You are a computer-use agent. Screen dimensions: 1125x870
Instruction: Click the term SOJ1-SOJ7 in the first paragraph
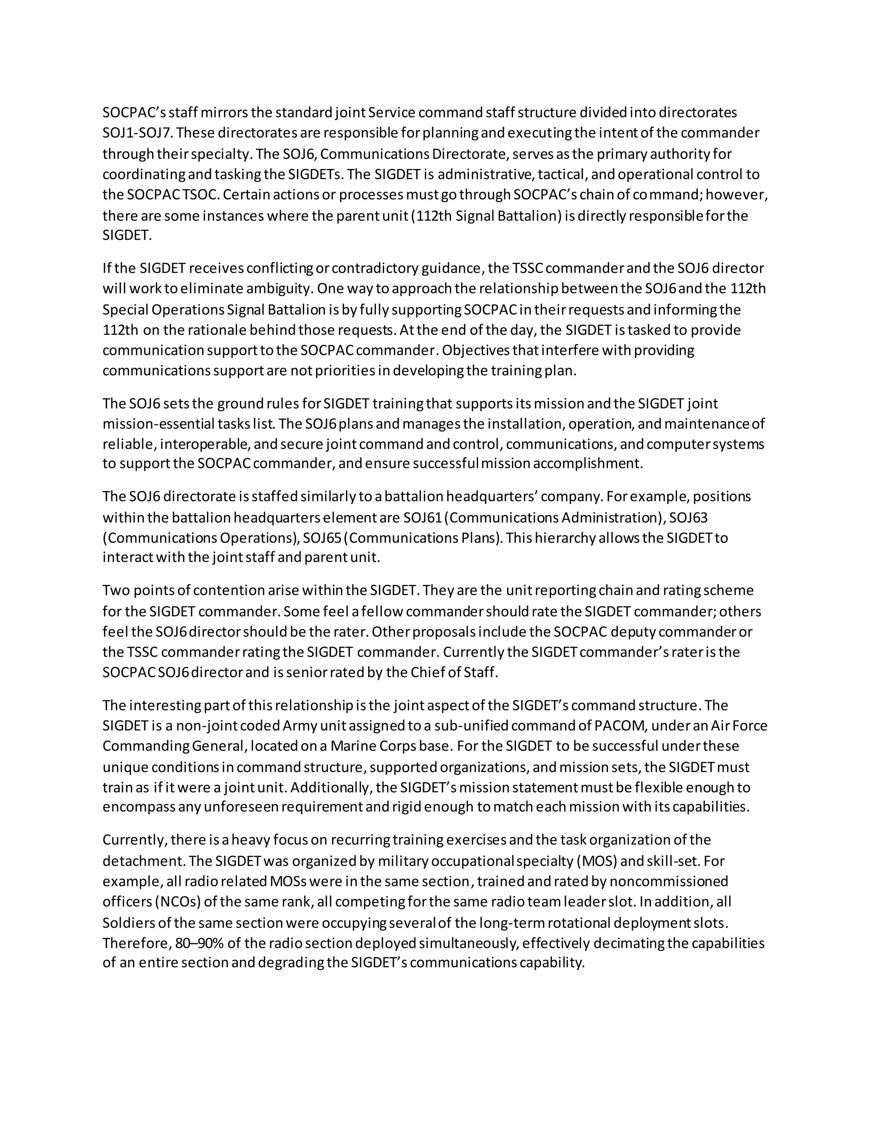[x=137, y=133]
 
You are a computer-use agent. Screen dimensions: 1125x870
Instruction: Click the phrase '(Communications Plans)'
[x=423, y=538]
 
